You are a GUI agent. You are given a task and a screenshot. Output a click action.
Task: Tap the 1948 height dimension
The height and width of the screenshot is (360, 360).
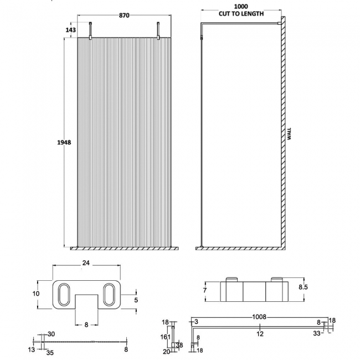pyautogui.click(x=64, y=142)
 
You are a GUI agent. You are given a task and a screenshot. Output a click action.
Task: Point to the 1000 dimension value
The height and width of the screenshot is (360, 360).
pyautogui.click(x=240, y=6)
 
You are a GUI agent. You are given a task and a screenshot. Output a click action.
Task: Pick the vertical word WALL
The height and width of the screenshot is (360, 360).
pyautogui.click(x=289, y=135)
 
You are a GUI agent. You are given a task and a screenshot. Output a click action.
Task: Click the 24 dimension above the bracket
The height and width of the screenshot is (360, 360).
pyautogui.click(x=85, y=264)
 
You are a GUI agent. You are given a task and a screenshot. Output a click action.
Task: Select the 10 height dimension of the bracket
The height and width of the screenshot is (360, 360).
pyautogui.click(x=36, y=294)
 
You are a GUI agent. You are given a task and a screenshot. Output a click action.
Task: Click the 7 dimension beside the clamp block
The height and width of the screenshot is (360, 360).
pyautogui.click(x=204, y=290)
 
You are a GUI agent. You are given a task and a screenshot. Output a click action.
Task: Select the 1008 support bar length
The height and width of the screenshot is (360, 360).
pyautogui.click(x=259, y=317)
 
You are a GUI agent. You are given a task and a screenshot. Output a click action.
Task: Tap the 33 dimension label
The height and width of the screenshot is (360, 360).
pyautogui.click(x=316, y=333)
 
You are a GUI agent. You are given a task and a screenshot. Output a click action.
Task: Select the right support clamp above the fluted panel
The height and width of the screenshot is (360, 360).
pyautogui.click(x=158, y=30)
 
